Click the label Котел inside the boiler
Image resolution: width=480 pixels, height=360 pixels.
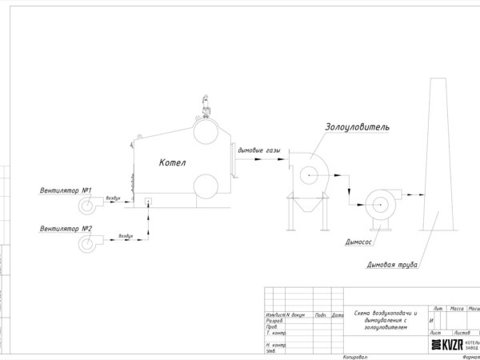[x=172, y=163]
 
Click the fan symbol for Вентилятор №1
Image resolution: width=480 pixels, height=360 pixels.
[x=86, y=206]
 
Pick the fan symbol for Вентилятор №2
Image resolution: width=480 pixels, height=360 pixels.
[x=86, y=244]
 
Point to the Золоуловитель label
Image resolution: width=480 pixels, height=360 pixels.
[x=357, y=126]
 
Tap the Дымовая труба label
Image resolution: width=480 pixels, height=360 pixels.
[x=392, y=264]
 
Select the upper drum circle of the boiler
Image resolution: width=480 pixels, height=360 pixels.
[x=207, y=130]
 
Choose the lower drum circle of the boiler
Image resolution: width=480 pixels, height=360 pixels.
[x=207, y=186]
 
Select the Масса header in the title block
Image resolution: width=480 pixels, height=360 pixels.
[x=457, y=308]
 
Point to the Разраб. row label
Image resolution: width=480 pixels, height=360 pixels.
[x=274, y=321]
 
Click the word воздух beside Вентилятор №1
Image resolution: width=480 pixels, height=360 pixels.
[x=114, y=198]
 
